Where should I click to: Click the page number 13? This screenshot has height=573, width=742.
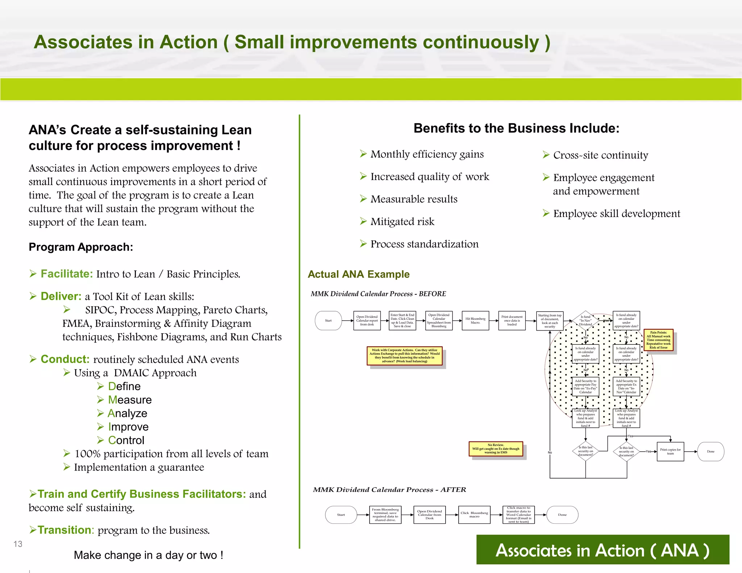pos(18,544)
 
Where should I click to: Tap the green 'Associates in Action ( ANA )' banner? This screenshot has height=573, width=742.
pos(602,550)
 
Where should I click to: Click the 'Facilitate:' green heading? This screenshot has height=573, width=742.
pos(67,274)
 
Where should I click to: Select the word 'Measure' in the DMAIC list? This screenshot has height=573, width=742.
pos(130,400)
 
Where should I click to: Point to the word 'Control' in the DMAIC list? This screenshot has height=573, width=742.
pos(126,440)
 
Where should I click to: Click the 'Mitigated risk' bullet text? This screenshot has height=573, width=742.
pos(402,222)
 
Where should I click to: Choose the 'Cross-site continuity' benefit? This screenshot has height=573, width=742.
pos(600,155)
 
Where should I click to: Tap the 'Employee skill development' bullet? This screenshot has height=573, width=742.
pos(616,214)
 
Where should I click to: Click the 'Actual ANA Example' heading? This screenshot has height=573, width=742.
pos(358,274)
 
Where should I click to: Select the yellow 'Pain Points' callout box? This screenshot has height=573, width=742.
pos(658,340)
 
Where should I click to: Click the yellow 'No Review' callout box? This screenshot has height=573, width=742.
pos(496,449)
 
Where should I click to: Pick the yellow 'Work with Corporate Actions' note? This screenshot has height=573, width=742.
pos(404,356)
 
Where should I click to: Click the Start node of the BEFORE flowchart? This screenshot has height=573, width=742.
pos(328,321)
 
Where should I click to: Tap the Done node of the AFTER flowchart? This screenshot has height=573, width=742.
pos(562,515)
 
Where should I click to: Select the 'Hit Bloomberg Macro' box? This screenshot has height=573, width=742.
pos(475,321)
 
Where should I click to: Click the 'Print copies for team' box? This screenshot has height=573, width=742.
pos(670,451)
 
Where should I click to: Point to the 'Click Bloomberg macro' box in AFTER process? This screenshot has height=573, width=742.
pos(474,515)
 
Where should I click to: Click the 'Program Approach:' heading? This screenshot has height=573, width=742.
pos(81,247)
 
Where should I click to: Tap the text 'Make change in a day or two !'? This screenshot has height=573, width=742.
pos(148,555)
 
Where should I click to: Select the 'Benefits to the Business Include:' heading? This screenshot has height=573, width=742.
pos(516,128)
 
